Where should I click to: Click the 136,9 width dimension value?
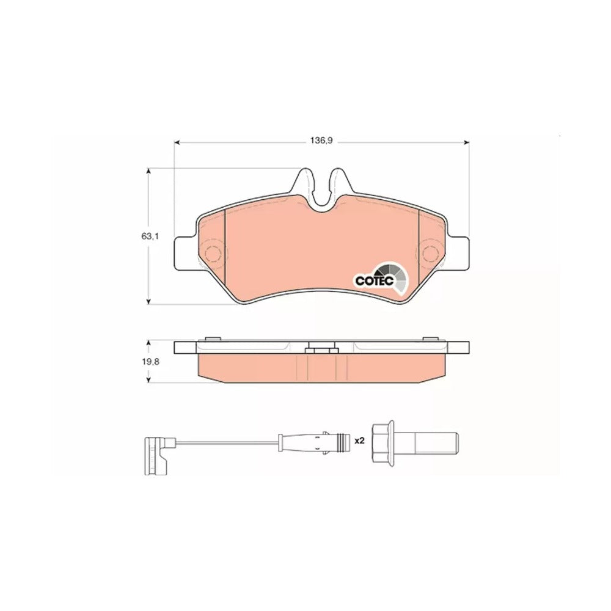coord(321,141)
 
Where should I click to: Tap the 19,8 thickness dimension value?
coord(150,362)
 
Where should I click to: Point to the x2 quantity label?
coord(359,441)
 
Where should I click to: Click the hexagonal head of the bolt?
coord(384,442)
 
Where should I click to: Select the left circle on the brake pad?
coord(213,254)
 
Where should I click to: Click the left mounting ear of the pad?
coord(184,254)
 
